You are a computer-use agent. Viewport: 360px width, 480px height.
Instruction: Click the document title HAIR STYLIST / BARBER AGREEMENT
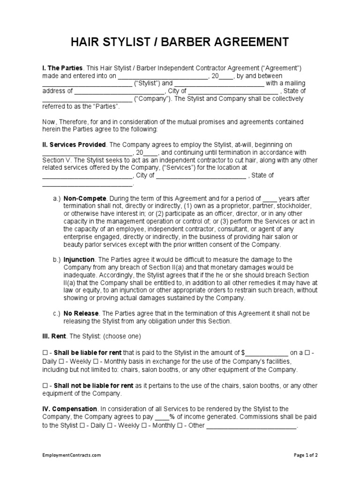pyautogui.click(x=180, y=43)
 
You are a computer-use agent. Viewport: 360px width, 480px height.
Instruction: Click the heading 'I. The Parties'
pyautogui.click(x=62, y=68)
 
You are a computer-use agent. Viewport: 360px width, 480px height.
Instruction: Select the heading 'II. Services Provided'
pyautogui.click(x=74, y=145)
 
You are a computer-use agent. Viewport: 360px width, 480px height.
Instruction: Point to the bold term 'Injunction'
pyautogui.click(x=79, y=259)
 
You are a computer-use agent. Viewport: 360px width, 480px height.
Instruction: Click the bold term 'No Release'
pyautogui.click(x=81, y=313)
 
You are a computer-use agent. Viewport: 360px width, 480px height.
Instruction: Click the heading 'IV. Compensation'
pyautogui.click(x=70, y=409)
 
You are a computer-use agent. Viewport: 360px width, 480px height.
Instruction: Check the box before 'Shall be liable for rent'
pyautogui.click(x=45, y=352)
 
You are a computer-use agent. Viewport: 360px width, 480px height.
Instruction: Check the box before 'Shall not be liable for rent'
pyautogui.click(x=45, y=386)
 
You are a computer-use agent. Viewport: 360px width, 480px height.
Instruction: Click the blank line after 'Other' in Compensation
pyautogui.click(x=252, y=426)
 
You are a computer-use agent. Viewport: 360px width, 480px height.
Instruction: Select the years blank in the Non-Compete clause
pyautogui.click(x=270, y=199)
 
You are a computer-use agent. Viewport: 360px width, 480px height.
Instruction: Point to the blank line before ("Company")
pyautogui.click(x=87, y=99)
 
